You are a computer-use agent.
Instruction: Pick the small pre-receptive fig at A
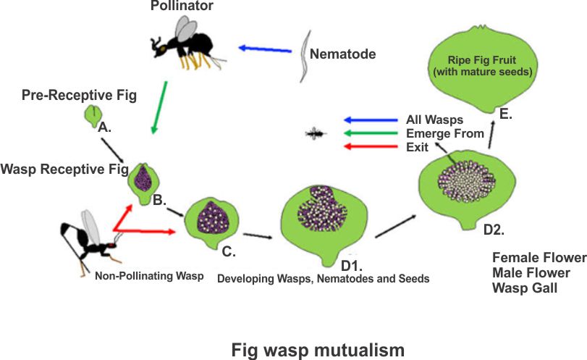tap(93, 114)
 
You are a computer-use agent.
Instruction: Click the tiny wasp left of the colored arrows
tap(316, 133)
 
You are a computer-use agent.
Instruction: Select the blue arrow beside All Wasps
tap(369, 120)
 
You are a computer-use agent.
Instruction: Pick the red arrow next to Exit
tap(369, 147)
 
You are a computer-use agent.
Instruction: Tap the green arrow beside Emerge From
tap(369, 133)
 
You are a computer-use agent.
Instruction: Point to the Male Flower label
tap(531, 272)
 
